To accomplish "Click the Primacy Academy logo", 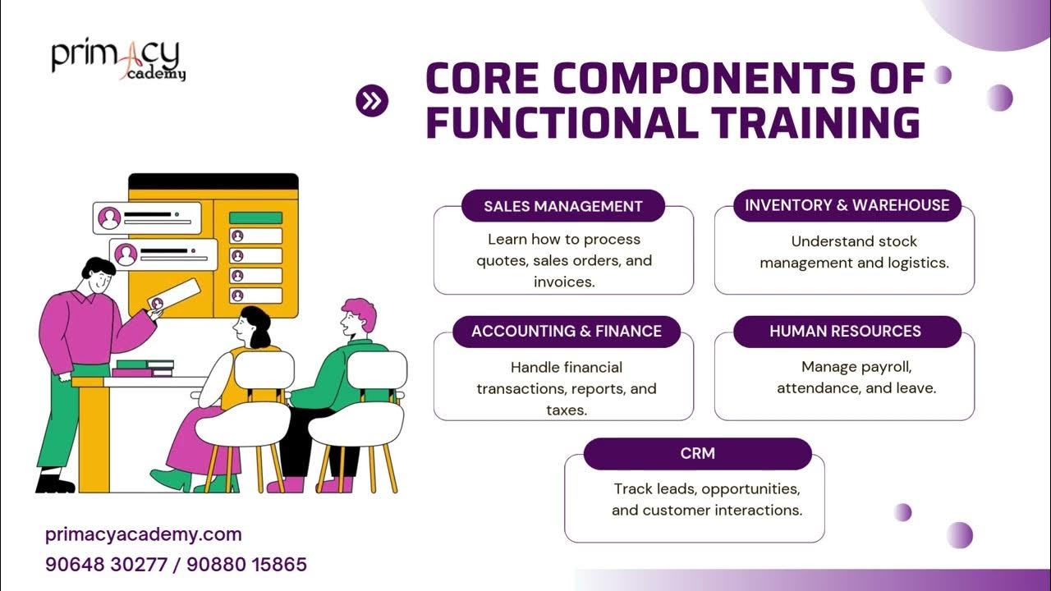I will point(118,59).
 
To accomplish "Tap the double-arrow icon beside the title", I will point(372,101).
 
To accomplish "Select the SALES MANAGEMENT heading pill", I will point(562,206).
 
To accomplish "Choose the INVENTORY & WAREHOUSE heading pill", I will point(847,205).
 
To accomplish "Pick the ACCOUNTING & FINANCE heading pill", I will point(567,332).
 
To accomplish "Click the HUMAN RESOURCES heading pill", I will point(845,332).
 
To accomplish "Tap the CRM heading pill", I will point(697,453).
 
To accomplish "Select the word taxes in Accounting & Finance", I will point(567,410).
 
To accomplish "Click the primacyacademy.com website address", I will point(144,535).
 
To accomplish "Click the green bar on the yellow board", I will point(255,218).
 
